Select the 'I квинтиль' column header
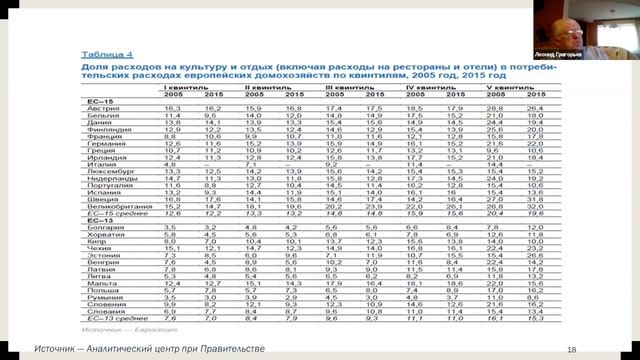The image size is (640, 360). point(185,88)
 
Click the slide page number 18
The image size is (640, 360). point(571,347)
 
